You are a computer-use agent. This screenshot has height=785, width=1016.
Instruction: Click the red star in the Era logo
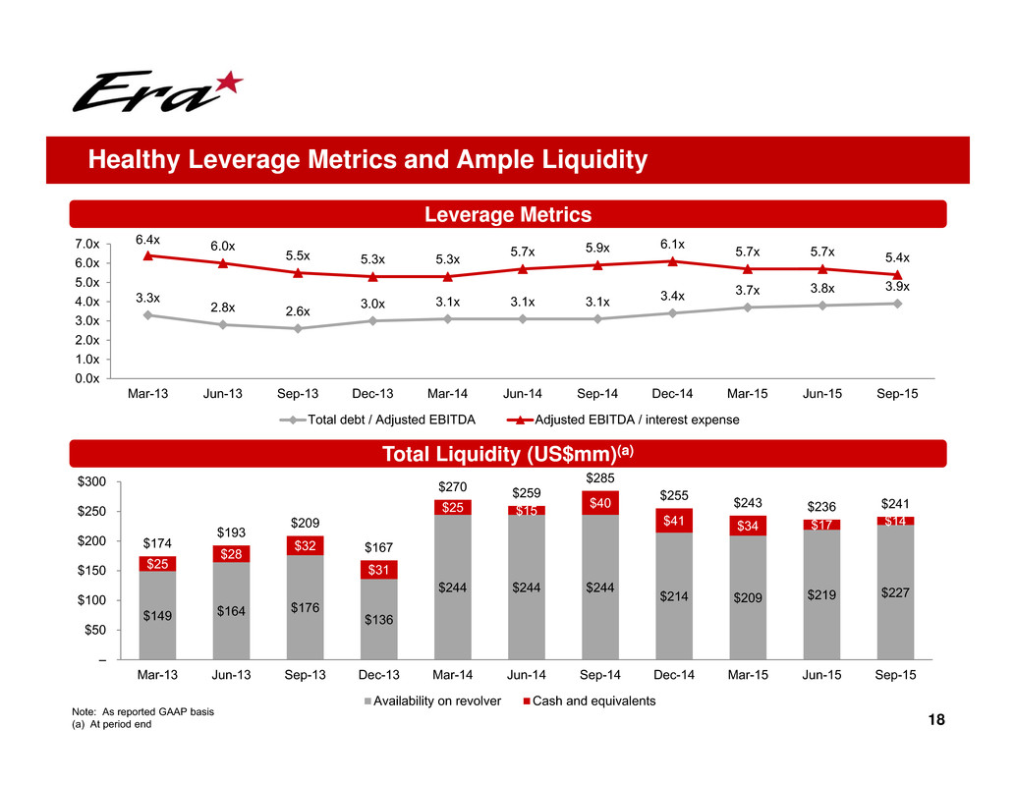[227, 83]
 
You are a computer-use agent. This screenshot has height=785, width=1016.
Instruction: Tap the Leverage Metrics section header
[506, 214]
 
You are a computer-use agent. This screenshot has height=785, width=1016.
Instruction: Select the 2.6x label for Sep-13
[298, 310]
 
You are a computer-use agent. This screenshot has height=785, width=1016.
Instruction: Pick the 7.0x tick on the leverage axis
[87, 244]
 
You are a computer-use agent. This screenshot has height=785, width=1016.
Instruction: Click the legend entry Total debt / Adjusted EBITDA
[384, 421]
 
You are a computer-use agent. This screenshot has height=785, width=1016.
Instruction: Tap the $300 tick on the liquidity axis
[92, 482]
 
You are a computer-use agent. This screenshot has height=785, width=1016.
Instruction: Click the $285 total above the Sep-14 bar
[599, 477]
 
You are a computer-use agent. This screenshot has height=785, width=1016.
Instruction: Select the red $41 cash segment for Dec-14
[673, 521]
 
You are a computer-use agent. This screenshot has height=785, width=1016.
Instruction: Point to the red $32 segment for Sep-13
[305, 545]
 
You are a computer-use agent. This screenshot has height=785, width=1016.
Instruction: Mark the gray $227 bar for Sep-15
[895, 589]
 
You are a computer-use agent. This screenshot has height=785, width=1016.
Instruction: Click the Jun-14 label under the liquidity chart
[526, 676]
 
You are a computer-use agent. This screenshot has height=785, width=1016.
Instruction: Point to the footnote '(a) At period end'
[113, 724]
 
